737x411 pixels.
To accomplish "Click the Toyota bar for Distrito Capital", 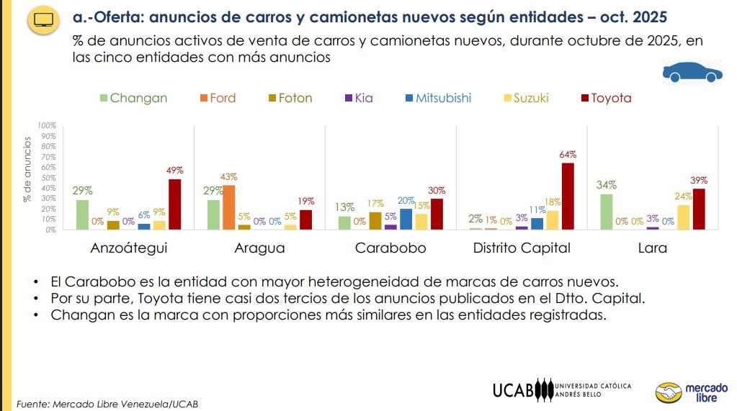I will (568, 197).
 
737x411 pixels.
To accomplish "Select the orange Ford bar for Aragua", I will (229, 207).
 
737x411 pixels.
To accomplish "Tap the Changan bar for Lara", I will (607, 212).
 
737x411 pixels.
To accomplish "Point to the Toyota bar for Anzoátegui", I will (174, 204).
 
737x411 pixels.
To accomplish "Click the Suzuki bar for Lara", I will (683, 217).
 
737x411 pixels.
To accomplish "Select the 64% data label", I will (568, 155).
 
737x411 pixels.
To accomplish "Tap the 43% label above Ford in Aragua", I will (229, 177).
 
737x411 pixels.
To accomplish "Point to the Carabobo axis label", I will (390, 248).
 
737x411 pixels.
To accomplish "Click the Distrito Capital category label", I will (522, 248).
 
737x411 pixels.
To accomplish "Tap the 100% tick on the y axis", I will (48, 126).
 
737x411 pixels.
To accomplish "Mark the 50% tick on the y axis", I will (49, 178).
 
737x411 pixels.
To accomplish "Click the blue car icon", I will (692, 73).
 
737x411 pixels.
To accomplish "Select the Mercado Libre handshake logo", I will (669, 393).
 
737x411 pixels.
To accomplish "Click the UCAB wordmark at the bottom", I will (513, 390).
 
